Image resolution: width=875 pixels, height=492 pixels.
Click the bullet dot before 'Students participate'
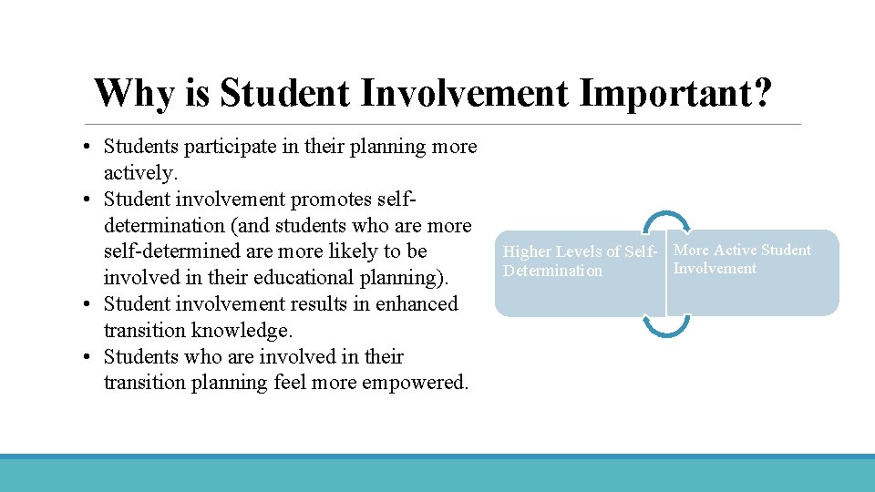[x=83, y=147]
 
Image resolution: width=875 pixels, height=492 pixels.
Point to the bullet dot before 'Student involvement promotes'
[x=83, y=200]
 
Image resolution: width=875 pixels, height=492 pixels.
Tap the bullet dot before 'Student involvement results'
[x=83, y=304]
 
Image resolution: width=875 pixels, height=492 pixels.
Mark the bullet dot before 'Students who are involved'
[x=83, y=357]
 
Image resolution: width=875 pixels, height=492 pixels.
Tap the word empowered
[x=415, y=383]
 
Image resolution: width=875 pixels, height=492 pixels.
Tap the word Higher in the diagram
[x=528, y=251]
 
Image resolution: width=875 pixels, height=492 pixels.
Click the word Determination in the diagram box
[x=552, y=271]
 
